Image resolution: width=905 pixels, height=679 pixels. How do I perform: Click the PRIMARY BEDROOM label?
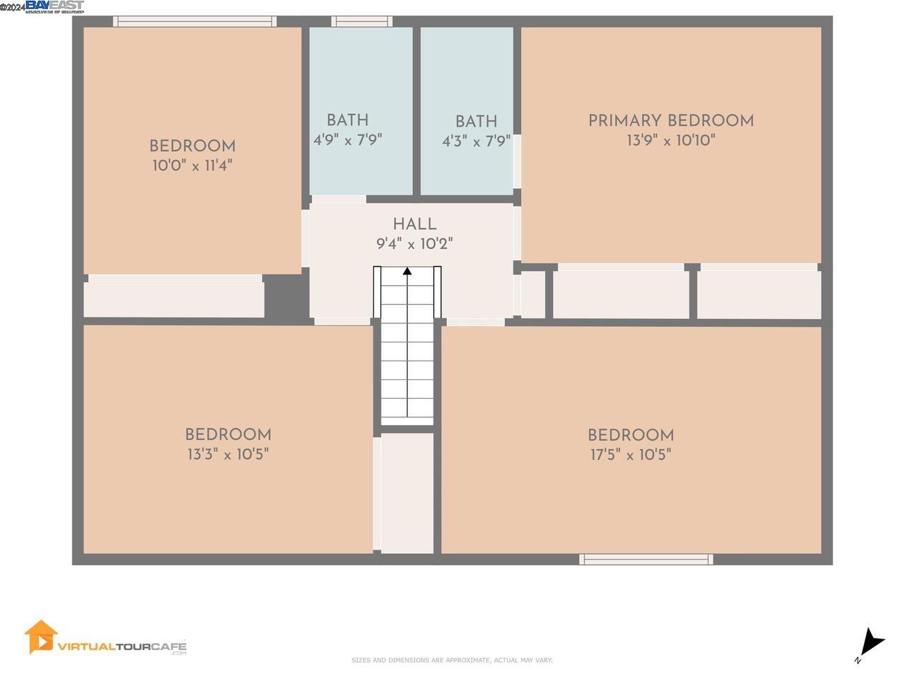point(670,121)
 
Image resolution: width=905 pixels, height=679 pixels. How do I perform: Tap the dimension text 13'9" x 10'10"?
point(670,141)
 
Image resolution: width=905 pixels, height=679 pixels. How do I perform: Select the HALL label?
point(414,225)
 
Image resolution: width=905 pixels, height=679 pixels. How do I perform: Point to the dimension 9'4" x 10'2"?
point(414,245)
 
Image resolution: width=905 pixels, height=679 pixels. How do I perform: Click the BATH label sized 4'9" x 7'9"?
point(347,120)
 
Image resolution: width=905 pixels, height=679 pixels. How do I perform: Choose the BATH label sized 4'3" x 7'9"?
point(476,122)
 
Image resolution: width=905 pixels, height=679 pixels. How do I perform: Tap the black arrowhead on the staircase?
point(407,271)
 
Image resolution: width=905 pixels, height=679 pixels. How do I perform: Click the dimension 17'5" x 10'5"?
point(631,455)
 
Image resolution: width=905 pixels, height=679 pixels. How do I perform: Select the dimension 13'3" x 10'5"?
point(228,454)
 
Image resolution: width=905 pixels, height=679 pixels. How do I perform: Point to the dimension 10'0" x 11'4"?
point(192,166)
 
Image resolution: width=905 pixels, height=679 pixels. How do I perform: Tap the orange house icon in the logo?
point(40,637)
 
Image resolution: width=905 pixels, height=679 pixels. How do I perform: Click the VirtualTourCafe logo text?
point(122,646)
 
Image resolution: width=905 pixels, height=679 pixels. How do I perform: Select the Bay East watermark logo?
point(54,7)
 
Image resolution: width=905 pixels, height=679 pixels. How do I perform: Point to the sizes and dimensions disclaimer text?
point(452,661)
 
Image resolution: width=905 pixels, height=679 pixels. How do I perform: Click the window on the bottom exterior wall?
point(646,559)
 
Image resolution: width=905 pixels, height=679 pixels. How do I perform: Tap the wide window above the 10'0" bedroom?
point(194,22)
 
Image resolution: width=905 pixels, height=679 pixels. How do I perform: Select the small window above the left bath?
point(361,22)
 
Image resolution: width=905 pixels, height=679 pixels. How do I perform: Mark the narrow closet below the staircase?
point(407,493)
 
